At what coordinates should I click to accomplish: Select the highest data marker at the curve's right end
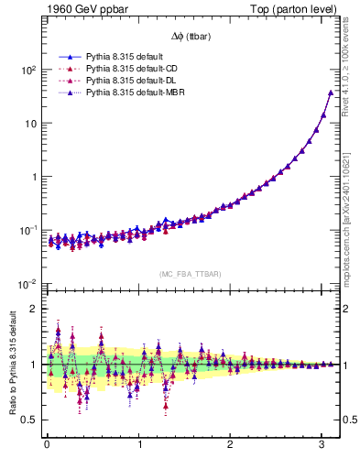(x=331, y=93)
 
